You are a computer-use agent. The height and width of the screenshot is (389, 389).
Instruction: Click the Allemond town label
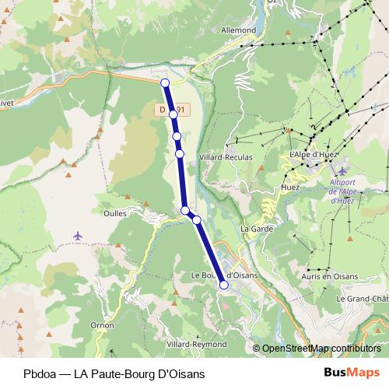(239, 30)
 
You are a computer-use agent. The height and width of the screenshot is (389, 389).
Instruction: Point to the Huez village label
(289, 187)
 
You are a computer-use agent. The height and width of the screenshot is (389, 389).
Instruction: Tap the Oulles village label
(114, 211)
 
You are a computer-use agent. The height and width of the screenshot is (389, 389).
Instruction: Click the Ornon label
(102, 324)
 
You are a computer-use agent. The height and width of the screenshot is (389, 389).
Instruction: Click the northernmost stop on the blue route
(165, 83)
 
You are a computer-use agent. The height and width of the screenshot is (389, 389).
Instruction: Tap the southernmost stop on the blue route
(224, 285)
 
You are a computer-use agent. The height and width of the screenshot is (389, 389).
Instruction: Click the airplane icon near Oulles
(77, 235)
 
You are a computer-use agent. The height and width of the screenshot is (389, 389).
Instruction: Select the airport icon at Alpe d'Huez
(340, 170)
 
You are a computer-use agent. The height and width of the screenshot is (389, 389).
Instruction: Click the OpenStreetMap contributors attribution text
(321, 349)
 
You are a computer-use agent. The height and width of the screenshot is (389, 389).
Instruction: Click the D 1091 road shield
(170, 111)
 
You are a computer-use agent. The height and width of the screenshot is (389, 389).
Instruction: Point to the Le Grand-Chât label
(362, 299)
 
